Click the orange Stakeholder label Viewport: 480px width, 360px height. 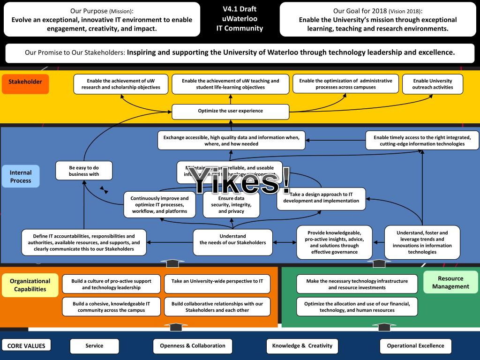(x=25, y=82)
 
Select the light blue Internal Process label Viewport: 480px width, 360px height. (x=21, y=177)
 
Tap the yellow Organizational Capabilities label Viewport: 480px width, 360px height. (x=30, y=285)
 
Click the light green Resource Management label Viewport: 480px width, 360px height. (x=450, y=282)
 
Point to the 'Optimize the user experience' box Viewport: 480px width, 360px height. (x=230, y=111)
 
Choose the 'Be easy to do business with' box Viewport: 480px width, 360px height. (x=84, y=171)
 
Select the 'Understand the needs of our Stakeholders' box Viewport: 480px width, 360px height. (x=232, y=240)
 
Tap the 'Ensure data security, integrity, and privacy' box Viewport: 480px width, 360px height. (x=231, y=205)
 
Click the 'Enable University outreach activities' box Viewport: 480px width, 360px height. (x=433, y=84)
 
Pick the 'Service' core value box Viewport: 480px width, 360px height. (x=94, y=346)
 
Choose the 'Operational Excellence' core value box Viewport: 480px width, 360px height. (x=415, y=346)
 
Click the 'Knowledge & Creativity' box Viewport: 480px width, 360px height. (x=302, y=346)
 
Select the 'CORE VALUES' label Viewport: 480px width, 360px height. (x=26, y=346)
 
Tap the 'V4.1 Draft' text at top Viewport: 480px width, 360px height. (x=240, y=9)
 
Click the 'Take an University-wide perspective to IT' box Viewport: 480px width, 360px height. (x=217, y=281)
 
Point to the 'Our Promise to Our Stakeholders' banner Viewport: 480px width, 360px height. (x=240, y=52)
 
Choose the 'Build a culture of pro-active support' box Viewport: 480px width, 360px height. (x=111, y=284)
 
